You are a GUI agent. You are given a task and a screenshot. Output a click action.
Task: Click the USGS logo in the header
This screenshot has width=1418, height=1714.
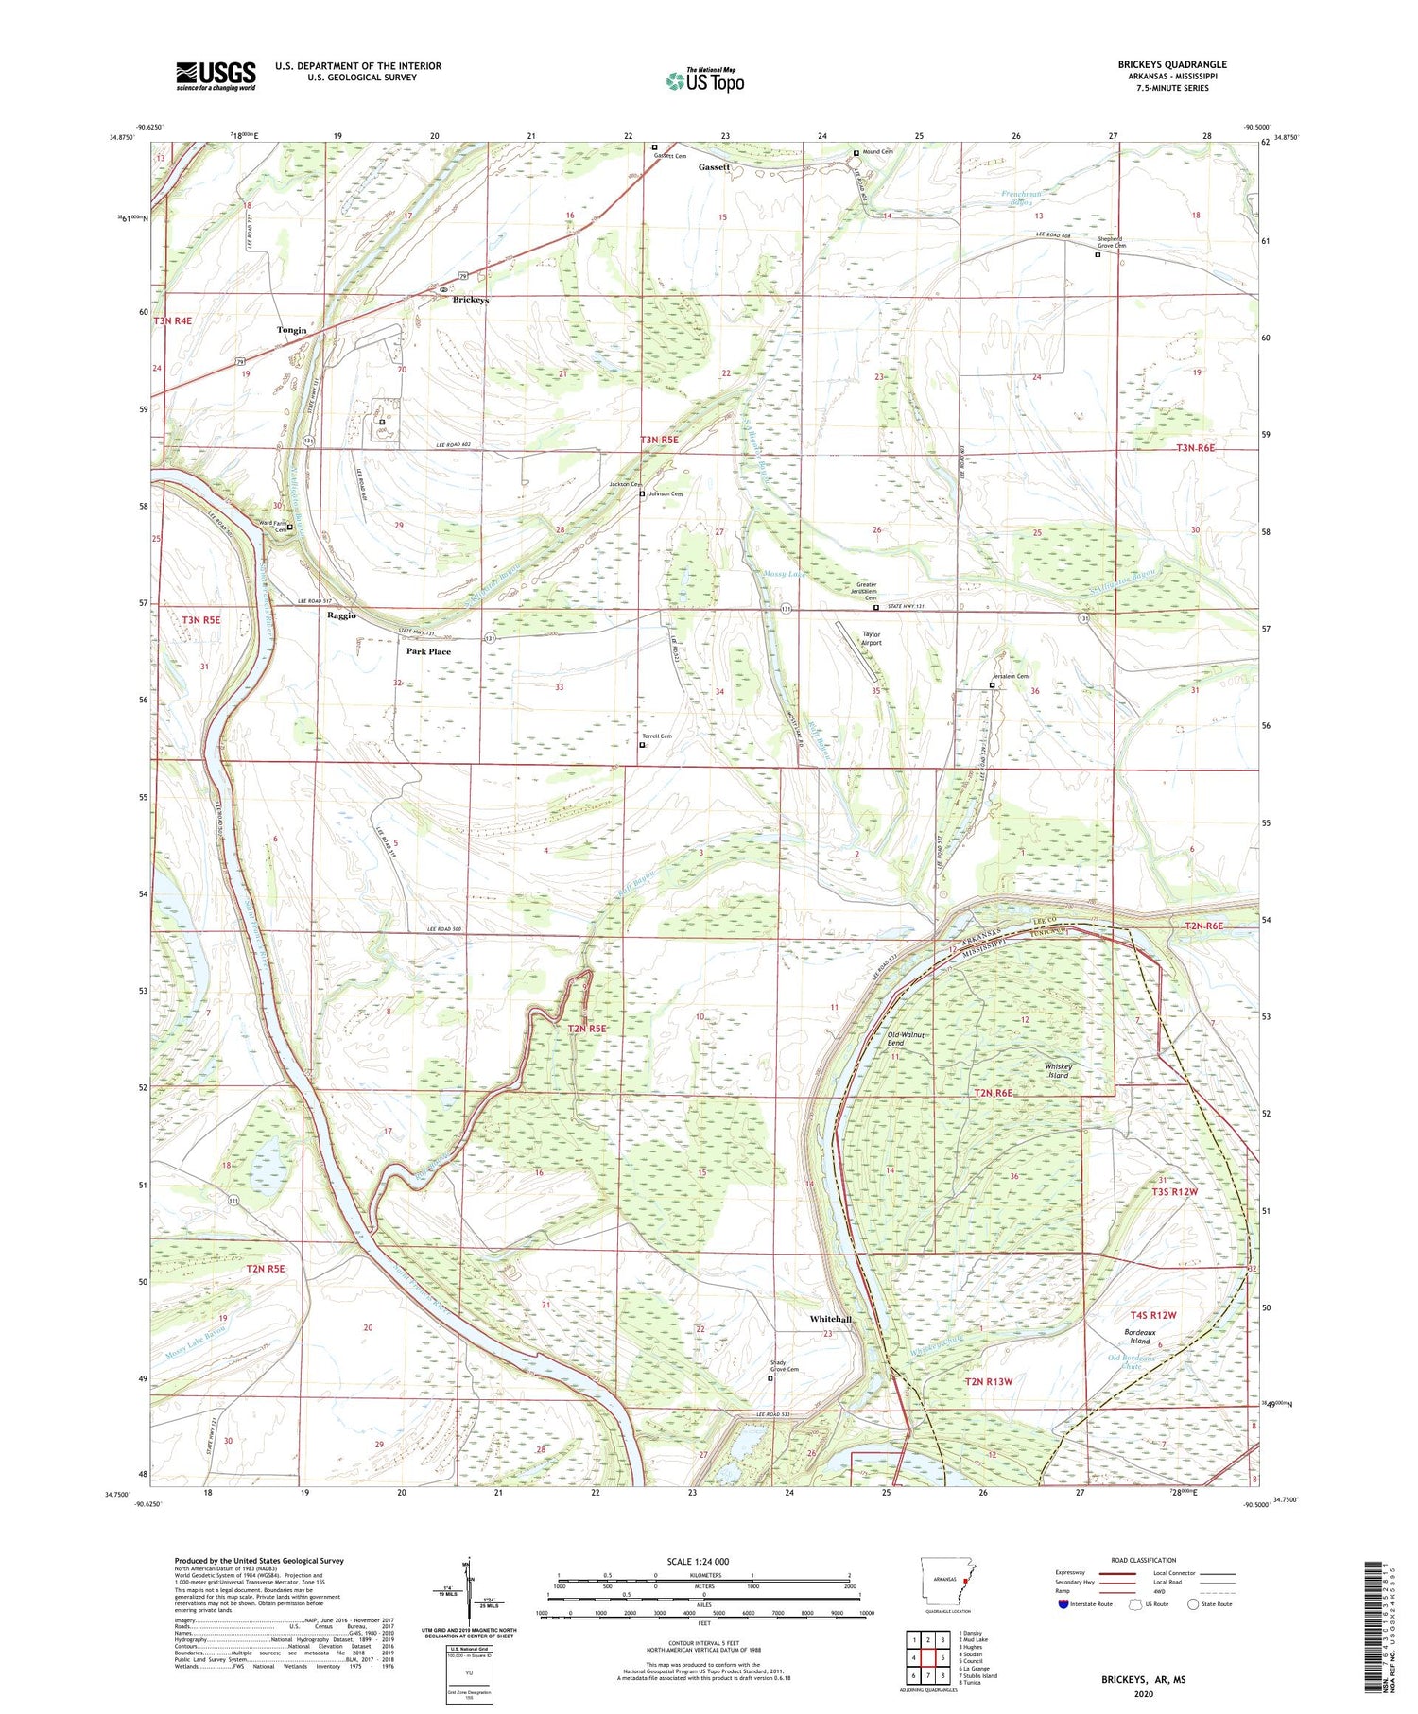tap(216, 76)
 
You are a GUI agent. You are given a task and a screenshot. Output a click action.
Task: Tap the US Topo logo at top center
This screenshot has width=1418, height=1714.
tap(704, 81)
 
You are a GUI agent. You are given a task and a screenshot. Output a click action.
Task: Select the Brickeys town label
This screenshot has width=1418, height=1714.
tap(471, 300)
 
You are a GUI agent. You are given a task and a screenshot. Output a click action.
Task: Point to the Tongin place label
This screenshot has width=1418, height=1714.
tap(291, 330)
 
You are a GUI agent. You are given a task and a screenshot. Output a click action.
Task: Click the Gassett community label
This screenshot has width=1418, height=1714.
tap(714, 166)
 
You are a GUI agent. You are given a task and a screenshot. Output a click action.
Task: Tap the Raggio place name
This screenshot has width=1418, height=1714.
tap(341, 615)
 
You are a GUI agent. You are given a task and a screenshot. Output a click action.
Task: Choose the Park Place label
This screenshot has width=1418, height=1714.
tap(428, 651)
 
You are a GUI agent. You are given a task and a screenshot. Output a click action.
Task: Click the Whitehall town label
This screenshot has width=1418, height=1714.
tap(830, 1319)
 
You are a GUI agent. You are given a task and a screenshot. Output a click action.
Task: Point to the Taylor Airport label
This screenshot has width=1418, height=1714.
tap(871, 639)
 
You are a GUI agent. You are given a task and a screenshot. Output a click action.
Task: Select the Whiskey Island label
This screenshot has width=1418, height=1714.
tap(1057, 1071)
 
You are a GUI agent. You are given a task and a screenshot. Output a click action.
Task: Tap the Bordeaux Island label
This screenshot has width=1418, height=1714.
tap(1140, 1337)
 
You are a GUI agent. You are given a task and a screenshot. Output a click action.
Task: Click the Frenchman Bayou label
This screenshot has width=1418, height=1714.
tap(1021, 198)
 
